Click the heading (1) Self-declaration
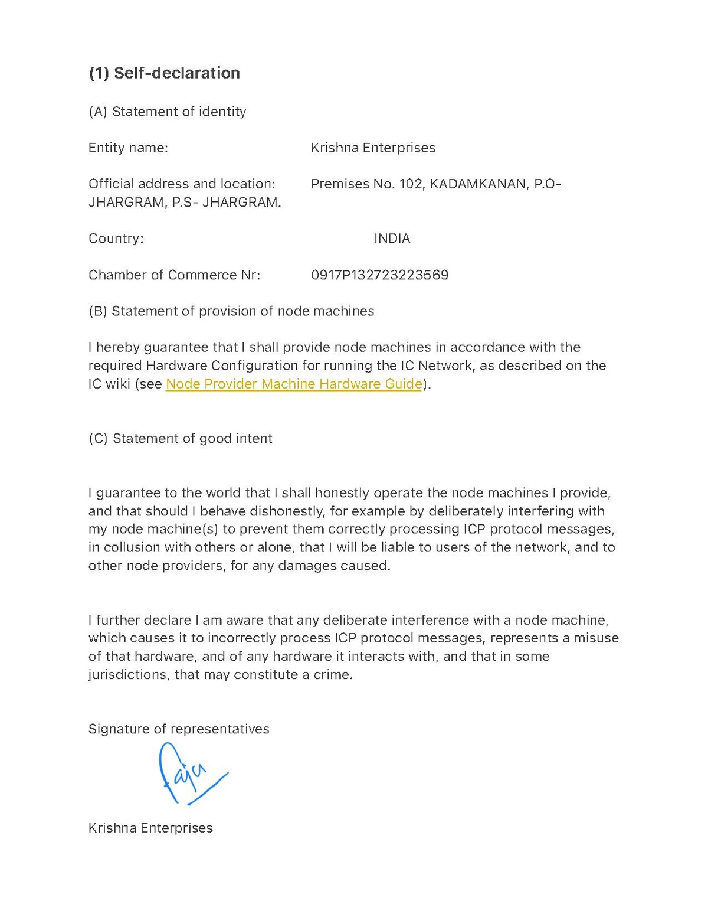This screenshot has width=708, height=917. pyautogui.click(x=164, y=73)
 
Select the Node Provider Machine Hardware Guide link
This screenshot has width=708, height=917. pyautogui.click(x=294, y=384)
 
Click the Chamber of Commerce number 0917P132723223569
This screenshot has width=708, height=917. pyautogui.click(x=379, y=275)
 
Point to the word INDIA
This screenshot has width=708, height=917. pyautogui.click(x=392, y=239)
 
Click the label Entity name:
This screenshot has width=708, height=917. pyautogui.click(x=128, y=148)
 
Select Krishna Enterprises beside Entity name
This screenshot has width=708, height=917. pyautogui.click(x=373, y=148)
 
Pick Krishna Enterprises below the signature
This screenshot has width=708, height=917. pyautogui.click(x=150, y=828)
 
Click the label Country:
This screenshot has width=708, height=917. pyautogui.click(x=116, y=239)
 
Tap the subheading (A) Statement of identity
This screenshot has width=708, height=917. pyautogui.click(x=167, y=112)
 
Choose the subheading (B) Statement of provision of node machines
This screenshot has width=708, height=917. pyautogui.click(x=231, y=311)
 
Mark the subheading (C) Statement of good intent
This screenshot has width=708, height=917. pyautogui.click(x=180, y=438)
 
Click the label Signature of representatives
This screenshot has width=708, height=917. pyautogui.click(x=179, y=729)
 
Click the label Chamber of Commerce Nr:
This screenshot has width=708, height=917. pyautogui.click(x=174, y=275)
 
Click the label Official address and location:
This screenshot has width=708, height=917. pyautogui.click(x=182, y=184)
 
